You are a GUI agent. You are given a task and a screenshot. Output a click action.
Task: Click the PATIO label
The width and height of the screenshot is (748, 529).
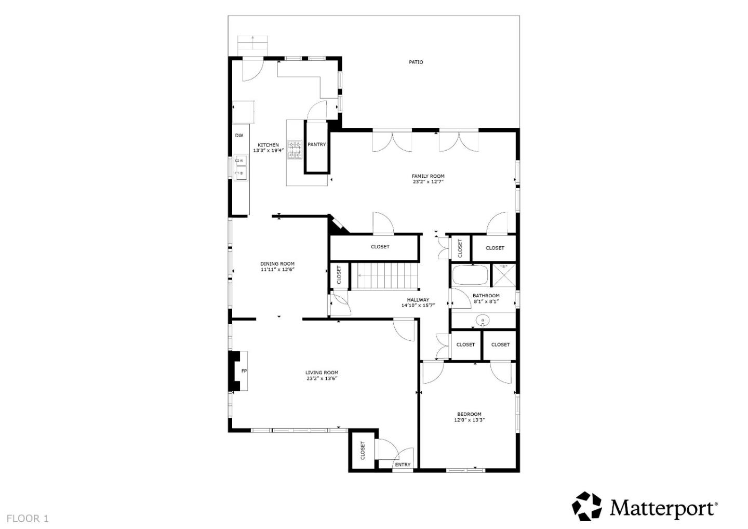pyautogui.click(x=416, y=62)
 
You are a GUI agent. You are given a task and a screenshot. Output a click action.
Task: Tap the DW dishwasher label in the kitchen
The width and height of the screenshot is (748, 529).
pyautogui.click(x=239, y=136)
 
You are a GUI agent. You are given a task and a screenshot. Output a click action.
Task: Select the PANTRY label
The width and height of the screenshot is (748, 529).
pyautogui.click(x=316, y=144)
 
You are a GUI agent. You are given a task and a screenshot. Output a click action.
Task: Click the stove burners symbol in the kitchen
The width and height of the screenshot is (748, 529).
pyautogui.click(x=295, y=150)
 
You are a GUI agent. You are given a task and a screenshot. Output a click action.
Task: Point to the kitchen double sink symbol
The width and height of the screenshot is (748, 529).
pyautogui.click(x=240, y=167)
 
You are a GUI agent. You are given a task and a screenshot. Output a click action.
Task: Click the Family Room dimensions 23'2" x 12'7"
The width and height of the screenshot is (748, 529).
pyautogui.click(x=428, y=182)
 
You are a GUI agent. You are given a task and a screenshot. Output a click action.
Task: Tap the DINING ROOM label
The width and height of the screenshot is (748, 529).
pyautogui.click(x=277, y=263)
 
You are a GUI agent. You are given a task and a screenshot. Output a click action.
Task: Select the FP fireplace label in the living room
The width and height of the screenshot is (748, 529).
pyautogui.click(x=244, y=371)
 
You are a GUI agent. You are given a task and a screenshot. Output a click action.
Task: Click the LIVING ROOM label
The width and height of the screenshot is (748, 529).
pyautogui.click(x=322, y=372)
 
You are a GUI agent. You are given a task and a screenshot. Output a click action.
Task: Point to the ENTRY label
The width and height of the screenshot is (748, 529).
pyautogui.click(x=403, y=465)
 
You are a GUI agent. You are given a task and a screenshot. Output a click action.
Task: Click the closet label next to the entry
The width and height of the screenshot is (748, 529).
pyautogui.click(x=363, y=451)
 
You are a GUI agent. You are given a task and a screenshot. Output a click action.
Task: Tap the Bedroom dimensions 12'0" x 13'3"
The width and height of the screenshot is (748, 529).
pyautogui.click(x=469, y=420)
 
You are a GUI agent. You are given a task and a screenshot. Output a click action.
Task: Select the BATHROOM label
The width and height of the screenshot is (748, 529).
pyautogui.click(x=486, y=296)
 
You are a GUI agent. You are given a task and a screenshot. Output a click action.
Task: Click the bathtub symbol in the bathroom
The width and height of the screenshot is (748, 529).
pyautogui.click(x=470, y=275)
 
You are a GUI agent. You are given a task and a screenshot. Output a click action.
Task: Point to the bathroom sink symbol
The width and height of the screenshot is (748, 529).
pyautogui.click(x=483, y=321)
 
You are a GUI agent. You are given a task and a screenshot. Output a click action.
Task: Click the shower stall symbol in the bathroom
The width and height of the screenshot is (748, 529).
pyautogui.click(x=503, y=275)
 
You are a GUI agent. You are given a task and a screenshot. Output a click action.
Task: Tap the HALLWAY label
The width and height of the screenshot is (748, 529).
pyautogui.click(x=418, y=300)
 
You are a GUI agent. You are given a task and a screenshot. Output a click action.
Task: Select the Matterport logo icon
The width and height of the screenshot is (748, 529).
pyautogui.click(x=586, y=506)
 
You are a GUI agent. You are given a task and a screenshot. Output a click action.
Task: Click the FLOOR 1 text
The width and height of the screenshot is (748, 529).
pyautogui.click(x=28, y=518)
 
